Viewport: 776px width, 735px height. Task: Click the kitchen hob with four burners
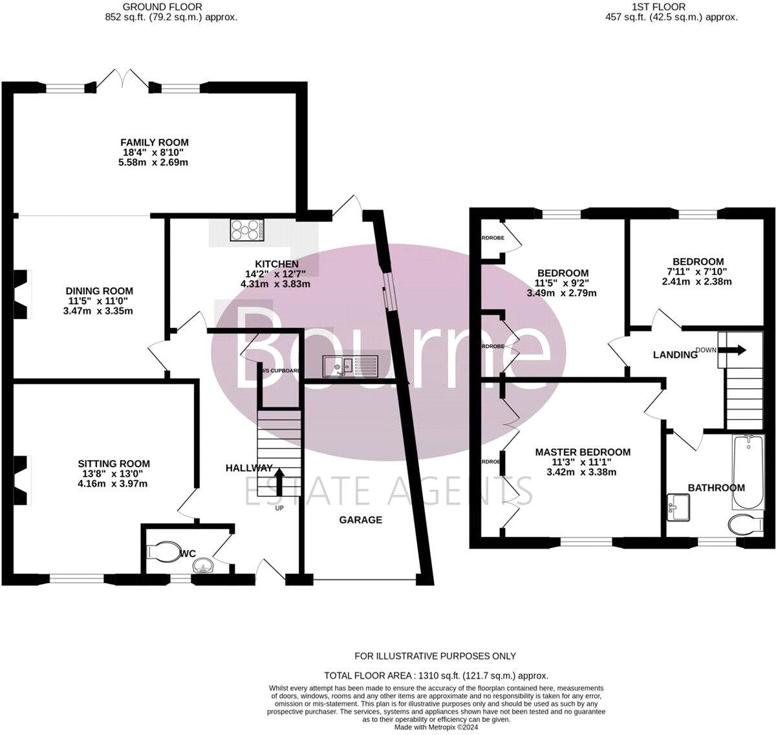pyautogui.click(x=248, y=230)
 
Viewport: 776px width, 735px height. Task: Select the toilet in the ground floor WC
pyautogui.click(x=164, y=552)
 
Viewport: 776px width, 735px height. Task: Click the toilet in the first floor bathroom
pyautogui.click(x=742, y=525)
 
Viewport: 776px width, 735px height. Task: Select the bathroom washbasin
pyautogui.click(x=679, y=506)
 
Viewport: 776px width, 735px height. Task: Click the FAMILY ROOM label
pyautogui.click(x=155, y=142)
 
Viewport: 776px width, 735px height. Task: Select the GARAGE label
pyautogui.click(x=361, y=520)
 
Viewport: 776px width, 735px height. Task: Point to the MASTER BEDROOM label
pyautogui.click(x=582, y=452)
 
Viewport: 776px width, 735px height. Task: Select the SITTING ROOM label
pyautogui.click(x=114, y=463)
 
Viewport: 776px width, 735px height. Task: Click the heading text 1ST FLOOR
pyautogui.click(x=667, y=7)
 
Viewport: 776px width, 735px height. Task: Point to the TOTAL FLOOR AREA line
pyautogui.click(x=436, y=675)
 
